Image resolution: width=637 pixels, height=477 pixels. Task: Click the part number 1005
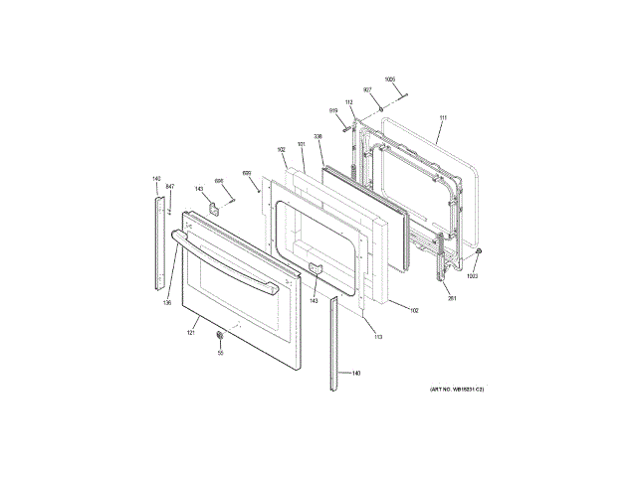[389, 79]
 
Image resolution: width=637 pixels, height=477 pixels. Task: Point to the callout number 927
[367, 90]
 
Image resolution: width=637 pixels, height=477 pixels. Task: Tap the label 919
[335, 110]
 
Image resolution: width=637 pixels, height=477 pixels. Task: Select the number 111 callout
[442, 119]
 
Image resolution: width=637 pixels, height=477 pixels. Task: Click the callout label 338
[318, 137]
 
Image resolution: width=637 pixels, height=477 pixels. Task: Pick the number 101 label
[301, 145]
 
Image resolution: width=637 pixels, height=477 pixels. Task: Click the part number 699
[247, 172]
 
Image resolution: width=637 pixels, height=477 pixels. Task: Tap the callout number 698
[219, 180]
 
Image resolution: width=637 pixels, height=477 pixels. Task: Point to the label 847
[169, 187]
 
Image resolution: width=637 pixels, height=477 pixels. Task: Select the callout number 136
[167, 302]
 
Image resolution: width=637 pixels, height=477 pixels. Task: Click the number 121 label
[190, 332]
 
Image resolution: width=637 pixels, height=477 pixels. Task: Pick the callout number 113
[377, 337]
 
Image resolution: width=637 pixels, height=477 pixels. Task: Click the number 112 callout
[349, 102]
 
